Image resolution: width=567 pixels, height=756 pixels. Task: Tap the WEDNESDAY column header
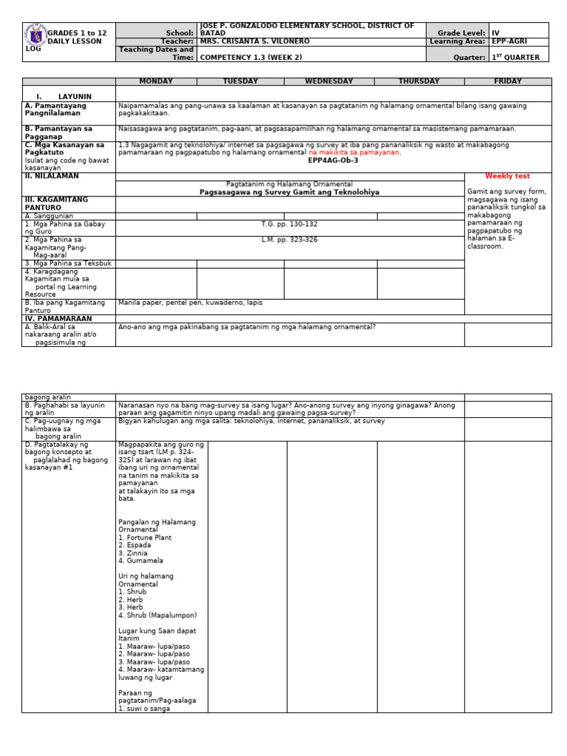tap(330, 82)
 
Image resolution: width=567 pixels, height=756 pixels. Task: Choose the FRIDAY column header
tap(507, 82)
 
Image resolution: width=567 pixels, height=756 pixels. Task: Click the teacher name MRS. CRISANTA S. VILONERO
tap(255, 42)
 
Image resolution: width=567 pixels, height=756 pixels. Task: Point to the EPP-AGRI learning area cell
tap(509, 42)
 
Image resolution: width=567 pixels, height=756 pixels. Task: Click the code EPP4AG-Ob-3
tap(334, 160)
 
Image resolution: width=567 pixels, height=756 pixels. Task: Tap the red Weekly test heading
tap(508, 176)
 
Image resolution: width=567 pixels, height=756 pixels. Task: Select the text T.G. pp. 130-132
tap(289, 224)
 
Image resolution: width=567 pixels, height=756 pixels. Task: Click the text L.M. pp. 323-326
tap(289, 240)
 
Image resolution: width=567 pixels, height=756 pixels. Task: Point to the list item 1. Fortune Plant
tap(145, 537)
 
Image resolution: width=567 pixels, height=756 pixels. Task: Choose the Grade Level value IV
tap(495, 33)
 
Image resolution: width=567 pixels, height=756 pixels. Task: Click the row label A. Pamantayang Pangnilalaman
tap(55, 110)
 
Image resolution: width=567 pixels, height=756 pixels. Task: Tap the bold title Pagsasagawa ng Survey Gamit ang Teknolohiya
tap(289, 192)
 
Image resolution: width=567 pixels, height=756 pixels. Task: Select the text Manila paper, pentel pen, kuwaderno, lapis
tap(190, 303)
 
